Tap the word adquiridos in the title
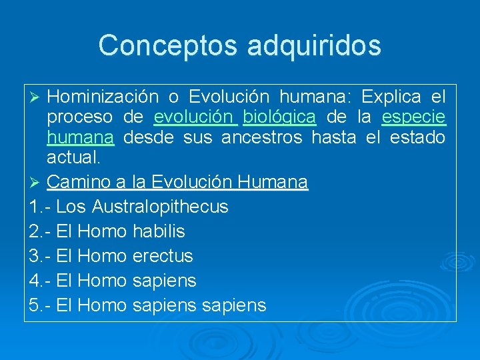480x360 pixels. [314, 45]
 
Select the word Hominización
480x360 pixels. [103, 97]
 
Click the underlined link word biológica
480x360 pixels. [279, 118]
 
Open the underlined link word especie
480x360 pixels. [413, 118]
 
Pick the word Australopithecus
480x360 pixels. [160, 207]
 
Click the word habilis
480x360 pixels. [159, 231]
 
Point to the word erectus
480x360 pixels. [163, 256]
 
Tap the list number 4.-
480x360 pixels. [41, 281]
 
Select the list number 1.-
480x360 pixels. [41, 207]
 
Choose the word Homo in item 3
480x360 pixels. [103, 256]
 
